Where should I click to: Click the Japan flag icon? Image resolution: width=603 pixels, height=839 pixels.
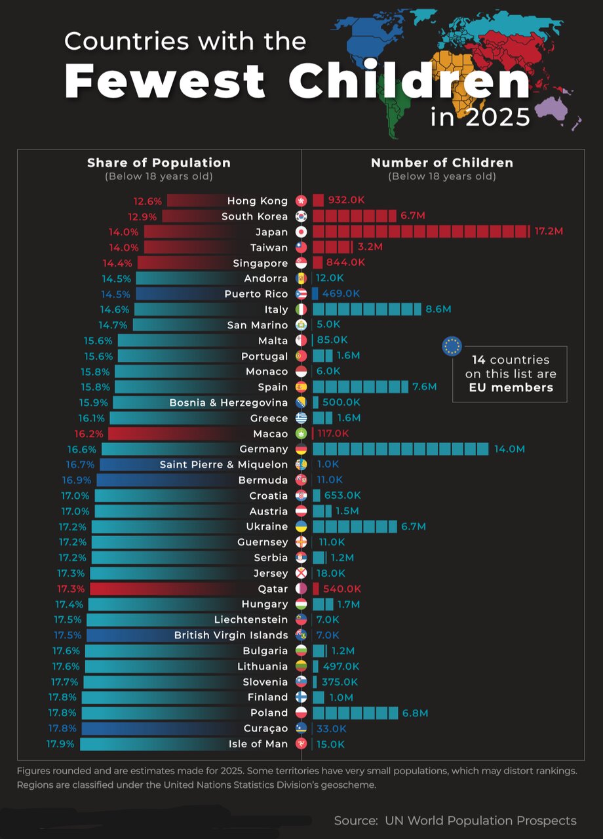coord(301,232)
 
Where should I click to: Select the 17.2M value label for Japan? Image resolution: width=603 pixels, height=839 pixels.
coord(549,231)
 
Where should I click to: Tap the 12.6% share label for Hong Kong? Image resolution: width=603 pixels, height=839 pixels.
coord(147,201)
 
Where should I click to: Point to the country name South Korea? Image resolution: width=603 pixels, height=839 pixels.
coord(254,216)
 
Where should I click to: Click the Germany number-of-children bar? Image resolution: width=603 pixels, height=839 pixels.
coord(400,449)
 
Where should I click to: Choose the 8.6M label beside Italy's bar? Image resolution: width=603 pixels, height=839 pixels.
coord(438,309)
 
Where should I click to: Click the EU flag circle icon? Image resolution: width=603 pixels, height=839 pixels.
coord(452,346)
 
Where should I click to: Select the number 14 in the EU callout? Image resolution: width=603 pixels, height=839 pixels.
coord(478,360)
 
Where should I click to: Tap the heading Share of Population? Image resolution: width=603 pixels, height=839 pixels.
coord(159,163)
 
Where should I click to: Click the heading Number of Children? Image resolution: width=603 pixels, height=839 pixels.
coord(442,163)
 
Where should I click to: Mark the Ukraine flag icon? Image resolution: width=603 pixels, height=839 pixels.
coord(301,526)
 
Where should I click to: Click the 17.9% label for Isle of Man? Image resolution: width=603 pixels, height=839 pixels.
coord(60,744)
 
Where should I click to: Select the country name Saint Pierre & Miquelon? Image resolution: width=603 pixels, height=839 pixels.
coord(224,465)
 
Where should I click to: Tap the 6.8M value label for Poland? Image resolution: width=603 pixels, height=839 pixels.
coord(416,712)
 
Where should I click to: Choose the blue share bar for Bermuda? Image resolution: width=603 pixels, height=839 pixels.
coord(164,480)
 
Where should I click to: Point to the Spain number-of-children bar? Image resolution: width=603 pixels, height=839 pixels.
coord(360,387)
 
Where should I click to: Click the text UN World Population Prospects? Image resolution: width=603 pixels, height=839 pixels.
coord(480,821)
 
